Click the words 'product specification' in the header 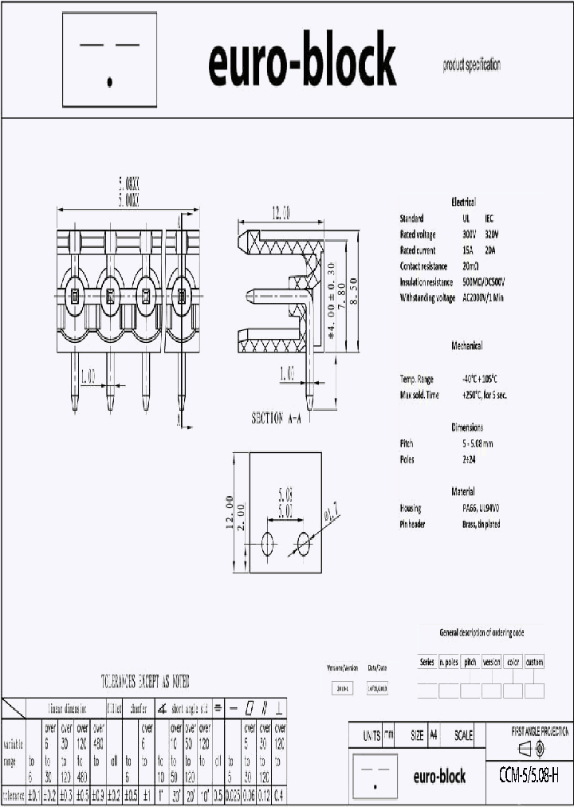point(472,65)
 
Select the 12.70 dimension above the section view point(280,213)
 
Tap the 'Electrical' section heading point(463,202)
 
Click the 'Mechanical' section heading point(466,346)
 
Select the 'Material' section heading point(462,491)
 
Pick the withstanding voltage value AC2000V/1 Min point(482,297)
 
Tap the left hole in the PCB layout point(268,544)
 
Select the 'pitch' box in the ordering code point(470,662)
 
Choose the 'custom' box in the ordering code point(533,662)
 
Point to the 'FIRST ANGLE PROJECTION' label point(540,730)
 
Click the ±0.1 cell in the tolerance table point(34,795)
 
